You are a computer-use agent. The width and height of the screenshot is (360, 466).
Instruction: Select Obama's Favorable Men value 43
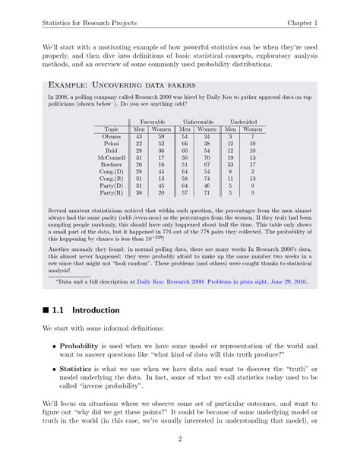point(139,136)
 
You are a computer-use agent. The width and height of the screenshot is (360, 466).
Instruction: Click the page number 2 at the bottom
point(180,439)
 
